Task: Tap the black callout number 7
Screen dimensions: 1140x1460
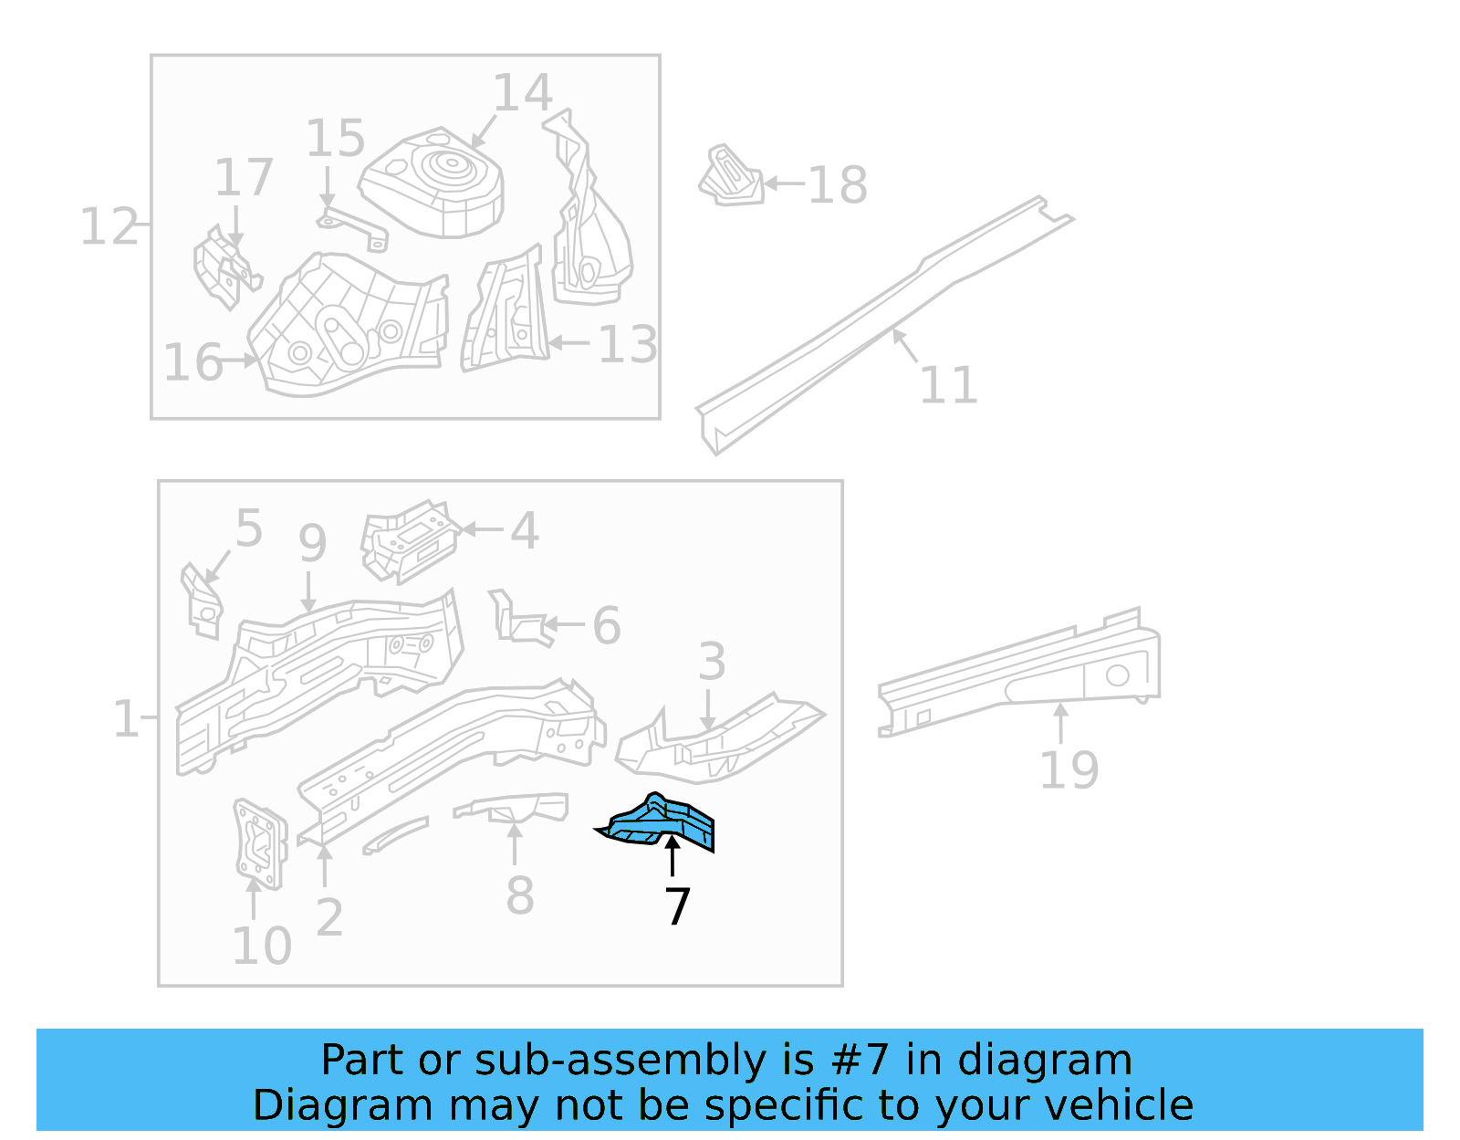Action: [677, 906]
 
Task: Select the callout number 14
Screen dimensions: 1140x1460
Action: [523, 93]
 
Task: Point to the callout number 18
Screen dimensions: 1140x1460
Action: [838, 185]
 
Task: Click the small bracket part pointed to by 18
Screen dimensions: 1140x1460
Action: [731, 175]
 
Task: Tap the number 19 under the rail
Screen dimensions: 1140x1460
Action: [1069, 769]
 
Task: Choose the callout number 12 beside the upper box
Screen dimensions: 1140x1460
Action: [109, 226]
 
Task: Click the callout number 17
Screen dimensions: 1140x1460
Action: [244, 177]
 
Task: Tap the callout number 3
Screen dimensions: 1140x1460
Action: [712, 662]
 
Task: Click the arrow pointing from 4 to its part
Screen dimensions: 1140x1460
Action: [483, 528]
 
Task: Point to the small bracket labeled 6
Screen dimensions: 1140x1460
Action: [520, 621]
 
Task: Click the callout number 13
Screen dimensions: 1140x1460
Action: [628, 344]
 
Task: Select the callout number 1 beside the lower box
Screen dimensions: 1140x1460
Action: [125, 718]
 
